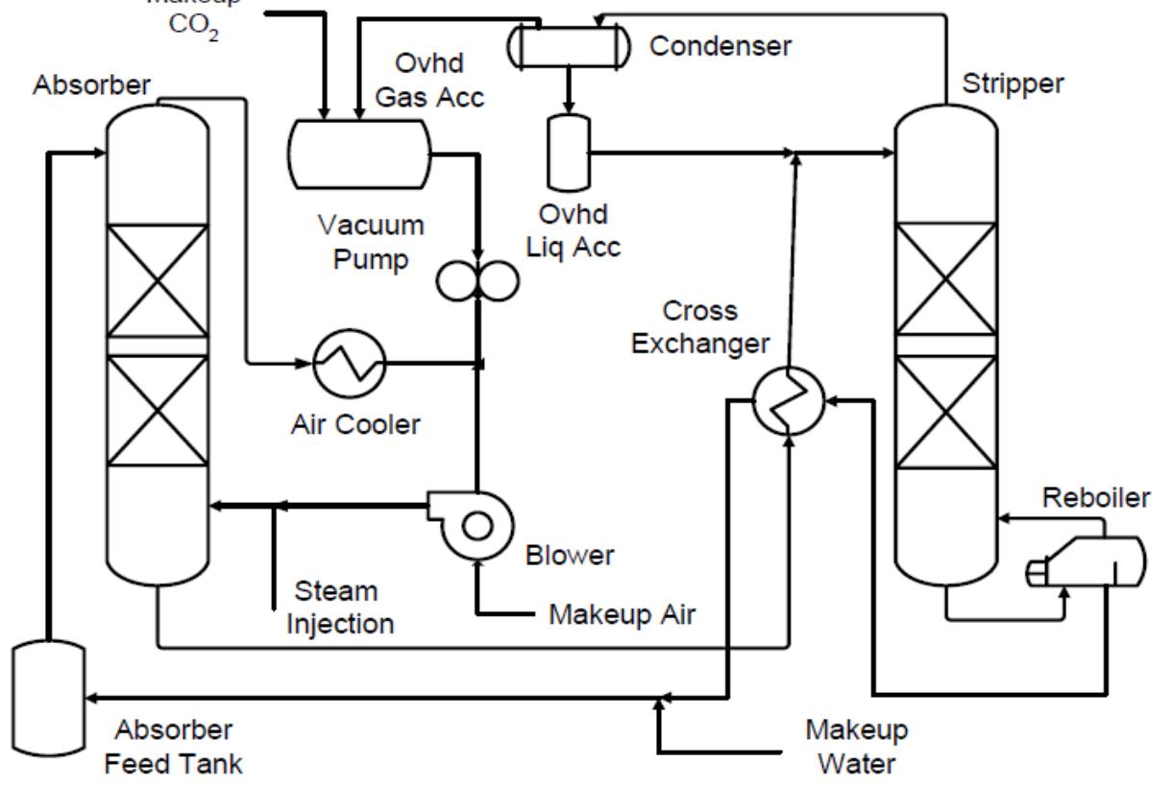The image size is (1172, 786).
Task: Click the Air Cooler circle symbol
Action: pos(349,364)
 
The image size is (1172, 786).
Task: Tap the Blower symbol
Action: pos(474,523)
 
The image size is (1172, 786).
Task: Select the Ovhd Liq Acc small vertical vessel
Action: pos(568,153)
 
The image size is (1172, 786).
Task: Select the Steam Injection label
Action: pos(330,606)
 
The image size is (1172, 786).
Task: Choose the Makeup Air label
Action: pos(619,611)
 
